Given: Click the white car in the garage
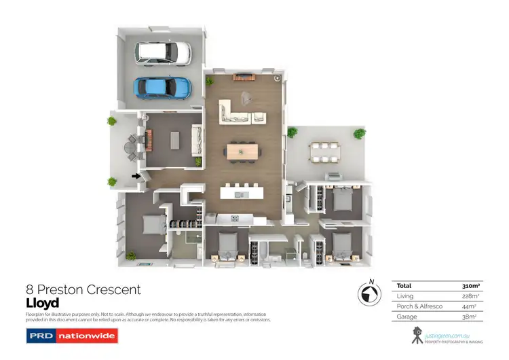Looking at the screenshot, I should point(164,54).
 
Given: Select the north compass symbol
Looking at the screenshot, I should point(369,293).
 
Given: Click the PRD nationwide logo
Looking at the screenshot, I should point(71,336).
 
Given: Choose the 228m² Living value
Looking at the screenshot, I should point(470,297).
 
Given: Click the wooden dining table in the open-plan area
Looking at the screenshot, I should point(242,151).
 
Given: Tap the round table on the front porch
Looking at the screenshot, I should point(131,144).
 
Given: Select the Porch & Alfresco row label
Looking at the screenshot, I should point(419,307).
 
